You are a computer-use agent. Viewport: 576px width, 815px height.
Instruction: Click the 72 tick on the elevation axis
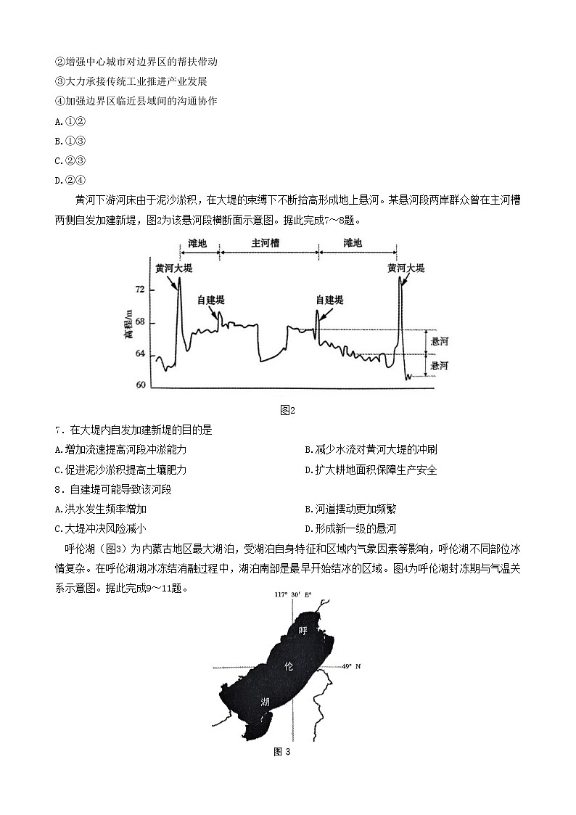tap(141, 290)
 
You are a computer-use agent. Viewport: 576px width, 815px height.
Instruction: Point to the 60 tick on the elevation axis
tap(141, 385)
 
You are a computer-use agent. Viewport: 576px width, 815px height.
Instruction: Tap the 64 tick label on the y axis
tap(141, 353)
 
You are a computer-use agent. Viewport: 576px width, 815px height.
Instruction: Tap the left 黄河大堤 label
tap(174, 269)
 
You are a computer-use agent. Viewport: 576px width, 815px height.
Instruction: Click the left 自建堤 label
tap(211, 300)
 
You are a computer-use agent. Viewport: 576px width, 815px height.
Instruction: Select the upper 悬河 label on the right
tap(440, 341)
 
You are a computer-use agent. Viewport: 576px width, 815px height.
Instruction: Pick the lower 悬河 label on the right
tap(440, 366)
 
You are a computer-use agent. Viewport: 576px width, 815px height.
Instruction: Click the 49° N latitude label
tap(352, 665)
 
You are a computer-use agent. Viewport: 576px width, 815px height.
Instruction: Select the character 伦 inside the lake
tap(289, 665)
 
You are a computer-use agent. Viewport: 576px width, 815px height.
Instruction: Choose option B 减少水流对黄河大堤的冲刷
tap(371, 450)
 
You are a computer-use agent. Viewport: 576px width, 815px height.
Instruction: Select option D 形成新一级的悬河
tap(350, 528)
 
